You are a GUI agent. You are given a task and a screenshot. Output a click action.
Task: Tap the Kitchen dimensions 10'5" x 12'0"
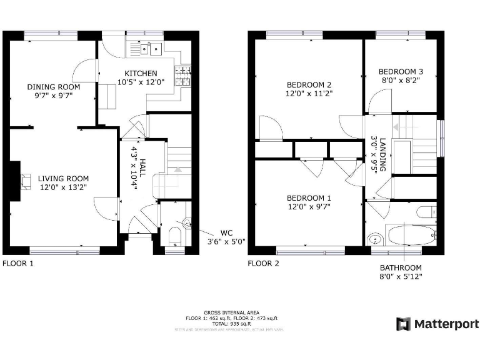pos(141,82)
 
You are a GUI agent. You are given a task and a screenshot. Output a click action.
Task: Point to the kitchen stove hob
pos(183,76)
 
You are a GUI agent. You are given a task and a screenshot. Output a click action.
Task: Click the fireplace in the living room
pos(26,181)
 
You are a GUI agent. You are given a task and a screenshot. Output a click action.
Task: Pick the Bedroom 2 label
pos(309,85)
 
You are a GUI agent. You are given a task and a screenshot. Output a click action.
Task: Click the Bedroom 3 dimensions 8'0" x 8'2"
pos(401,80)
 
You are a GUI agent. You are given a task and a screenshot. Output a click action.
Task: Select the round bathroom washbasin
pos(376,237)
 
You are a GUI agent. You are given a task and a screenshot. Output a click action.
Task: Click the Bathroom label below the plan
pos(401,267)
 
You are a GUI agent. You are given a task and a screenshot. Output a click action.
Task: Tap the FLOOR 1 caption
pos(18,263)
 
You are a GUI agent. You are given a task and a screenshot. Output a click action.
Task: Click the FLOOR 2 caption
pos(263,263)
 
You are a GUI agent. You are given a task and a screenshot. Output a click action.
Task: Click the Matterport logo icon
pos(404,324)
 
